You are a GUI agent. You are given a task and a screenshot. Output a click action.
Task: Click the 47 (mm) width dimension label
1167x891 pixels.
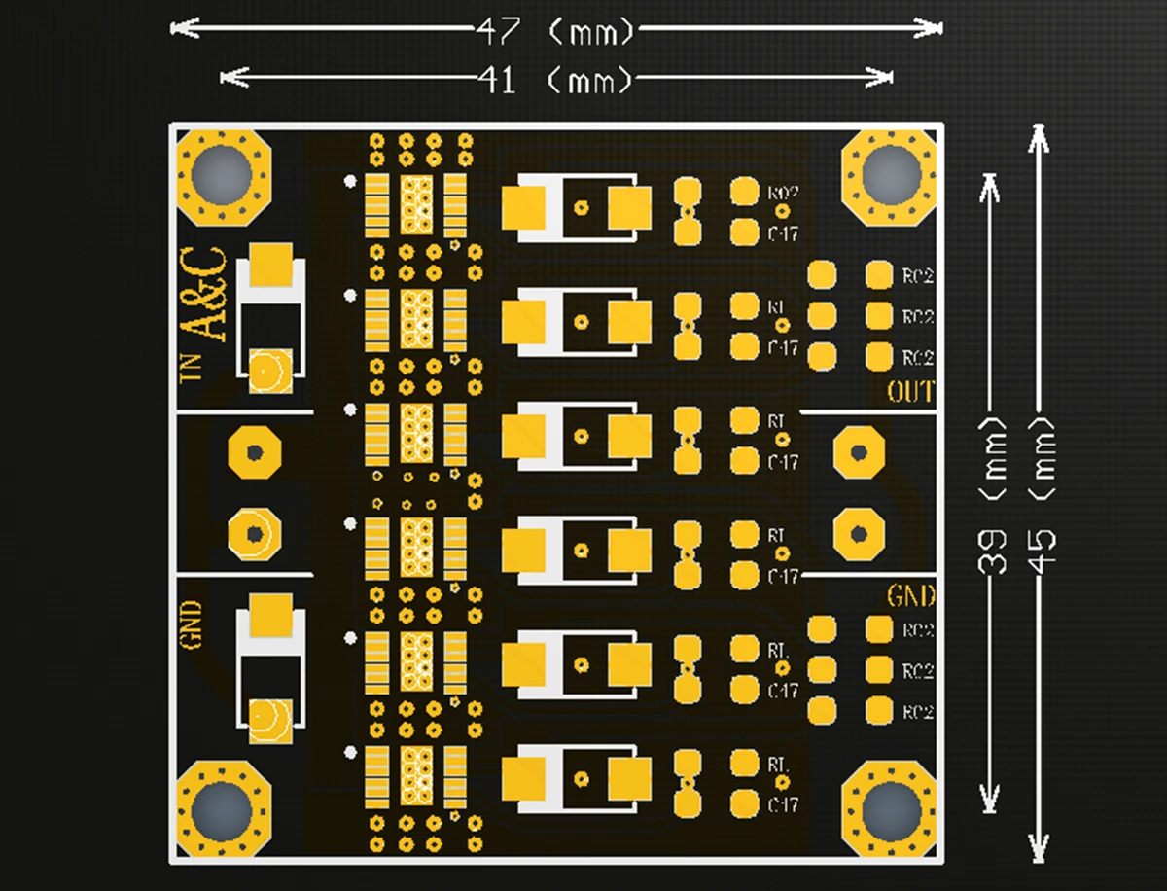coord(554,30)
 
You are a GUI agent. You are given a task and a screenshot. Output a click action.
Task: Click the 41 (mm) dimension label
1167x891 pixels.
coord(554,79)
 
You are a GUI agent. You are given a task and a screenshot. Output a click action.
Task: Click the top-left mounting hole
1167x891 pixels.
coord(222,175)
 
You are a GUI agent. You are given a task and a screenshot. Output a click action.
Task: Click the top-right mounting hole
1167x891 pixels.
coord(890,175)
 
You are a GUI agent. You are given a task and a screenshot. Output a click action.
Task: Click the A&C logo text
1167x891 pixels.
coord(205,294)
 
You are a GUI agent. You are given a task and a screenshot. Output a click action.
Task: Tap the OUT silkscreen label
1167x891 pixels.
coord(910,393)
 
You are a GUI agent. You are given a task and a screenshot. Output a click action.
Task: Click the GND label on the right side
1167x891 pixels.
coord(911,595)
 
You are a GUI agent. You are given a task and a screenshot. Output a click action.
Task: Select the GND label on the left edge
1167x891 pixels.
coord(191,624)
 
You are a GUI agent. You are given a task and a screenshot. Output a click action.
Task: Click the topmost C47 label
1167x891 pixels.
coord(783,234)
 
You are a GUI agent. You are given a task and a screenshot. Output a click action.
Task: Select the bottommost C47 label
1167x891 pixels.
coord(783,805)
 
